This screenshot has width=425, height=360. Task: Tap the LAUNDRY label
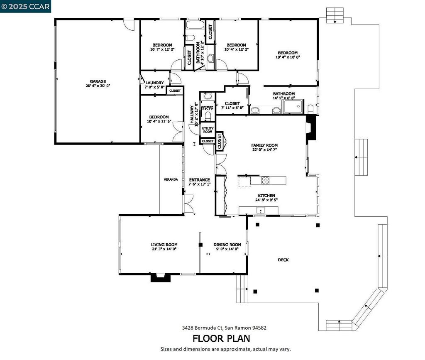point(154,83)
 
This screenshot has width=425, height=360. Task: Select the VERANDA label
point(171,179)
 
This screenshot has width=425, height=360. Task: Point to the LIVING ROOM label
point(164,245)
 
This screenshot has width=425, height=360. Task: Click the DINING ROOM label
point(227,245)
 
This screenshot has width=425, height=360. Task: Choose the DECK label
point(283,260)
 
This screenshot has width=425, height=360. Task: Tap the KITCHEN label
point(266,196)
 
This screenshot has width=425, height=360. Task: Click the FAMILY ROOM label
point(264,145)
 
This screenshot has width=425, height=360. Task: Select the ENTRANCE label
point(199,180)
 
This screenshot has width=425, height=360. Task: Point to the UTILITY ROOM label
point(208,130)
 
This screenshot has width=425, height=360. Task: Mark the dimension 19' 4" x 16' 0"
point(288,57)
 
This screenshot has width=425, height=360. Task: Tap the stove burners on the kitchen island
point(265,180)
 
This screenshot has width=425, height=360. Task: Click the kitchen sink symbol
point(261,210)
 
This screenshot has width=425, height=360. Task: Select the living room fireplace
point(160,277)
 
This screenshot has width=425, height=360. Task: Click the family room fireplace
point(311,127)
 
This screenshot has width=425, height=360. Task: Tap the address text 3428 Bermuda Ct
point(204,328)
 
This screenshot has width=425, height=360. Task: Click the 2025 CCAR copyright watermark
point(25,6)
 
